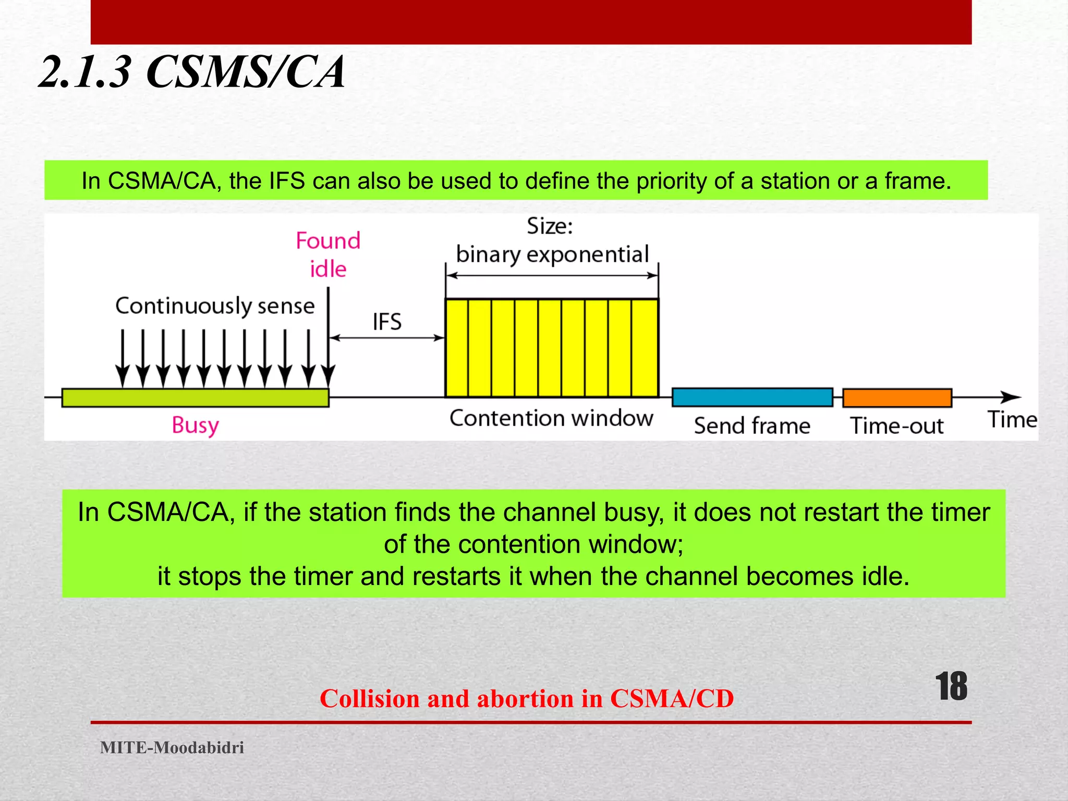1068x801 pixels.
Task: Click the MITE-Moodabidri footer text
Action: [x=172, y=747]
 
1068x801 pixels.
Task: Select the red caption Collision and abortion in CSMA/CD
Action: [x=527, y=698]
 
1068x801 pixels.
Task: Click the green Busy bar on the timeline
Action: [x=195, y=397]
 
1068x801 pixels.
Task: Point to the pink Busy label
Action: [x=195, y=425]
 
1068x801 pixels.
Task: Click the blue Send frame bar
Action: [x=752, y=397]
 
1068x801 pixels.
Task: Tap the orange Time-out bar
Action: [x=897, y=397]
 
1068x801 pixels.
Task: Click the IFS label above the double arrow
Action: [x=387, y=322]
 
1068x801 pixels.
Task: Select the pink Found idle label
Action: [x=328, y=254]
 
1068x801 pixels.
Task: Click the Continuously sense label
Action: [x=215, y=306]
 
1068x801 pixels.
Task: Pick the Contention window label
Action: [x=551, y=418]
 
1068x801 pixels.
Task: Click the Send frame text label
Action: [x=752, y=426]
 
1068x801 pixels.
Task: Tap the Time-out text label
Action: [x=897, y=426]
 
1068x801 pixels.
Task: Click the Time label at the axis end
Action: [x=1012, y=420]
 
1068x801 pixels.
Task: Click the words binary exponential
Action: [x=552, y=254]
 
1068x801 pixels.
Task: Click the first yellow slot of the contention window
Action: [x=457, y=348]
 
